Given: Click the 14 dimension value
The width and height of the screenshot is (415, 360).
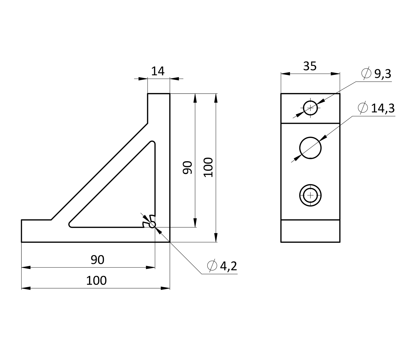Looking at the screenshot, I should coord(158,71).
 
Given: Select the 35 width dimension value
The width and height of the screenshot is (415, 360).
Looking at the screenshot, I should coord(310,66).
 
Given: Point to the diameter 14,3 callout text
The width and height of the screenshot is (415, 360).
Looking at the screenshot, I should coord(383,108).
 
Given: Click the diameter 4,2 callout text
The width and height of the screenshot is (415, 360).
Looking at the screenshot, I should coord(229,266).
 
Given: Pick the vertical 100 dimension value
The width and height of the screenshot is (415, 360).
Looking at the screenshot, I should coord(208,168).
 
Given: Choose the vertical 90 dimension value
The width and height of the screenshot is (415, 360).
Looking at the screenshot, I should coord(188,168).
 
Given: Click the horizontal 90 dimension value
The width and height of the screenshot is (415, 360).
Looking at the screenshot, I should coord(98,260).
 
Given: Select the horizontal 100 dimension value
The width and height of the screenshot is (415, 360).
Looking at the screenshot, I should coord(96,281).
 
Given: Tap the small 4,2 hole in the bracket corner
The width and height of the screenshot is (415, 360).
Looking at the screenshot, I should coord(152,225).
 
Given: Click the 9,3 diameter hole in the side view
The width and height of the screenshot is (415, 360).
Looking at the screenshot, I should coord(310,108).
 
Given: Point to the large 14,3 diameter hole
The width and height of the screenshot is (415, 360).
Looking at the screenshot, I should coord(310,148).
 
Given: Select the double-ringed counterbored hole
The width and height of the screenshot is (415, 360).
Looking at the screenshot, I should coord(310,195).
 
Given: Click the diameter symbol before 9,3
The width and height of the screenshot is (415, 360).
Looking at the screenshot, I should coord(366,73).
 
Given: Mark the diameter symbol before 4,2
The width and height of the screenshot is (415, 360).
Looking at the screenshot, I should coord(212,266).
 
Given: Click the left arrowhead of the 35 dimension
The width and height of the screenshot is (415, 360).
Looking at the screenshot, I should coord(285,74).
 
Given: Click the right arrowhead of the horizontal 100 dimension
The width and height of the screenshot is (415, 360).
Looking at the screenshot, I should coord(165,288).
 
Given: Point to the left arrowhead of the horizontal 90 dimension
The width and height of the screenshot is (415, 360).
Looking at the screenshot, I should coord(26,268).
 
